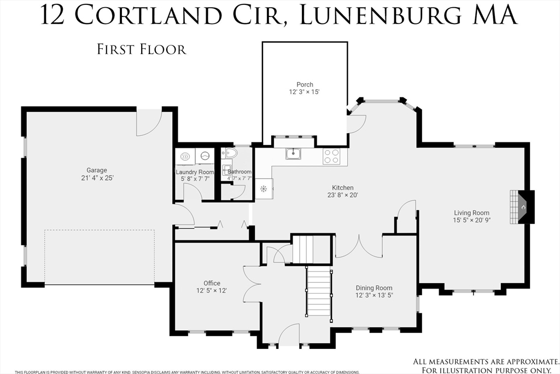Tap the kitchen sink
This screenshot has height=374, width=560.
294,154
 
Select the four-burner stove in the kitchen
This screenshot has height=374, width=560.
331,156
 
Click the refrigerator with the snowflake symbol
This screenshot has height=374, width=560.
264,189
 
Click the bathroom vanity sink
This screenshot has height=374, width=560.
226,168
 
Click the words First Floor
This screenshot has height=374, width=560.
142,49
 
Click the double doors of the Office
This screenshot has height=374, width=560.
252,284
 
